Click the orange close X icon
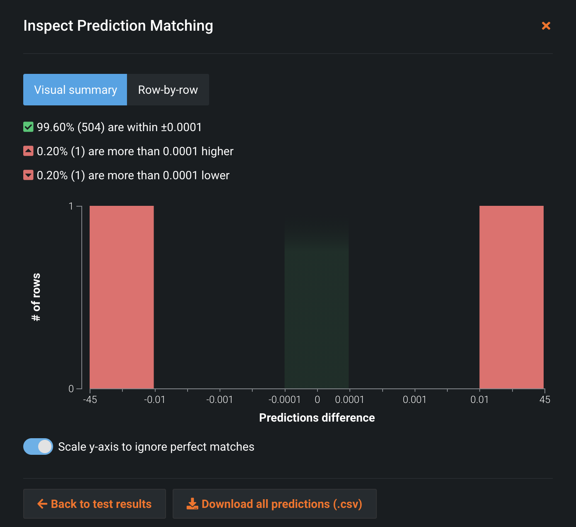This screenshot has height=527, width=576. pos(546,26)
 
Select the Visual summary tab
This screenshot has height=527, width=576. pos(75,90)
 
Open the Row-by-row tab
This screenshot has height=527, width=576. pos(168,90)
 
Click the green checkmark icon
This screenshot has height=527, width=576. pos(28,127)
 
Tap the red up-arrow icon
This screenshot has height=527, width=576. pos(28,151)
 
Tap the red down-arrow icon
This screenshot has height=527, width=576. pos(28,175)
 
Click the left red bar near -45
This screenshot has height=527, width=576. pos(122,297)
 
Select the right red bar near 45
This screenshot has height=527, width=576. pos(511,297)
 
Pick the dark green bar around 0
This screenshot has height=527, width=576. pos(317,315)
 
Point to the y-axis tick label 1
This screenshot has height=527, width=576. pos(71,206)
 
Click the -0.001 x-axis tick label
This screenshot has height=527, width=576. pos(220,400)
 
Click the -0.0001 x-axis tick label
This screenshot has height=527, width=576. pos(285,400)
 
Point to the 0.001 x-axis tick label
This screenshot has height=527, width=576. pos(415,400)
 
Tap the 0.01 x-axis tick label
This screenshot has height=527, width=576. pos(479,400)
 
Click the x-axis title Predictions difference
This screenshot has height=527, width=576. pos(317,417)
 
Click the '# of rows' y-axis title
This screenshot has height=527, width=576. pos(37,297)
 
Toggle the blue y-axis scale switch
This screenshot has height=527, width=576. pos(38,446)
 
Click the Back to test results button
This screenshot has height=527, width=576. pos(95,504)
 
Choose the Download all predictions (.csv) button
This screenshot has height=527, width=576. pos(275,504)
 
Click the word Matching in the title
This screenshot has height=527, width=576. pos(181,26)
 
